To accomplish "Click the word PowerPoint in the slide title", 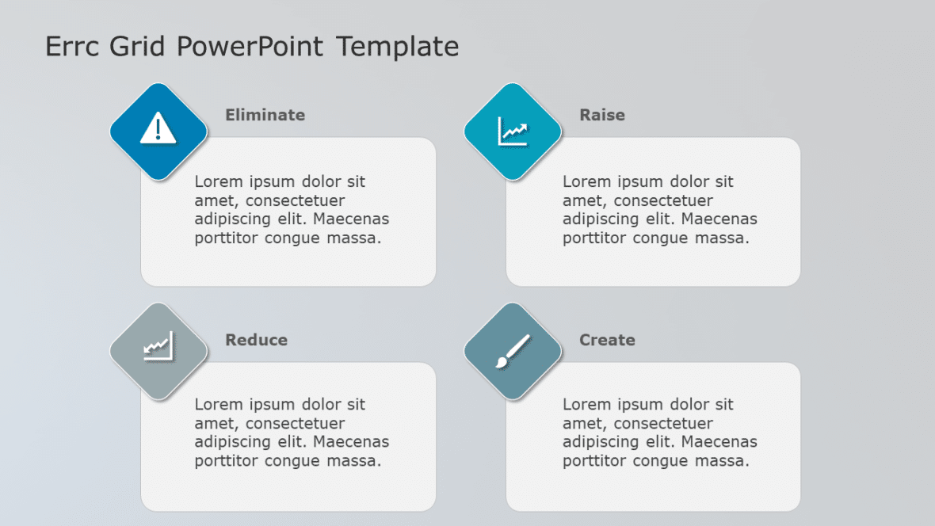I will (250, 47).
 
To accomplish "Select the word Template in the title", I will (398, 47).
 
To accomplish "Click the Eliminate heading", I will (265, 115).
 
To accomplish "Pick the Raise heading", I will (602, 115).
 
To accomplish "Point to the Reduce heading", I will (256, 340).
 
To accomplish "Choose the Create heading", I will (607, 340).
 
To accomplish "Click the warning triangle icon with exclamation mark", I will (158, 128).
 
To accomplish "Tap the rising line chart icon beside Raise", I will (513, 131).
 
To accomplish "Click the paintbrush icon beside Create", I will (513, 351).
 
